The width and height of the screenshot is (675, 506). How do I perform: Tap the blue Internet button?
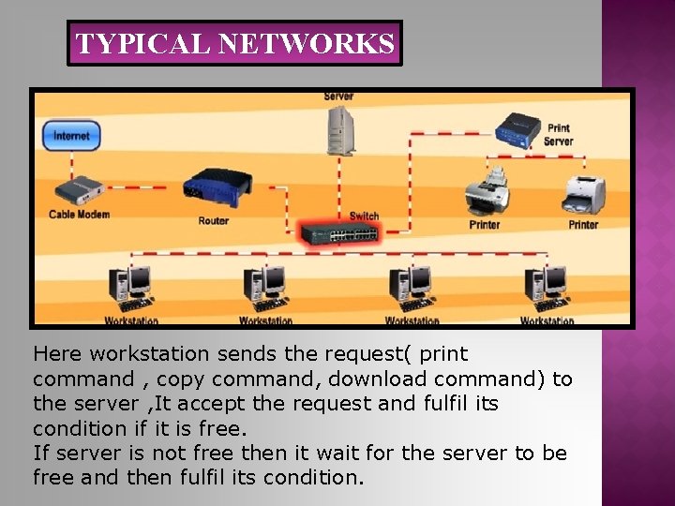pyautogui.click(x=71, y=136)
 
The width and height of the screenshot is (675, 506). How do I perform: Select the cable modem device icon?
pyautogui.click(x=77, y=190)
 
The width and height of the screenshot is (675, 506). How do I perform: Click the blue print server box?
pyautogui.click(x=517, y=129)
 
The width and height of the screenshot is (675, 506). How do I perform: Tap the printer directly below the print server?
pyautogui.click(x=487, y=193)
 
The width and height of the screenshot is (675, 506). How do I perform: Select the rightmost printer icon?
pyautogui.click(x=583, y=195)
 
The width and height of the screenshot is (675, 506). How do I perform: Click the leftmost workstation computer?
pyautogui.click(x=130, y=289)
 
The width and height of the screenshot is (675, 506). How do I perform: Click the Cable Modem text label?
pyautogui.click(x=79, y=215)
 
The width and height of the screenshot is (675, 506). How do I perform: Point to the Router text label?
pyautogui.click(x=213, y=221)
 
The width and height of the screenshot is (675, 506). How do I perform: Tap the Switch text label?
pyautogui.click(x=364, y=216)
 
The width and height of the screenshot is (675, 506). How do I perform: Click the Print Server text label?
pyautogui.click(x=559, y=135)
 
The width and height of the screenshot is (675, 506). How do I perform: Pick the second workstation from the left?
pyautogui.click(x=265, y=289)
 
